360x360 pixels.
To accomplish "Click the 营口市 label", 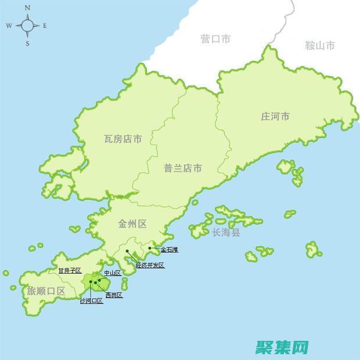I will pyautogui.click(x=216, y=39).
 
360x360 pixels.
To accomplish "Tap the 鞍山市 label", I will pyautogui.click(x=320, y=45).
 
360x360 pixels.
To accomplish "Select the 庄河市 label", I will pyautogui.click(x=275, y=117).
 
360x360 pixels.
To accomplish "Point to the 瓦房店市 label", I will pyautogui.click(x=123, y=139).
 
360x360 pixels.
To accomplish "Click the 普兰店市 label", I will pyautogui.click(x=183, y=168).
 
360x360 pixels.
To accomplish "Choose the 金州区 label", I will pyautogui.click(x=132, y=223).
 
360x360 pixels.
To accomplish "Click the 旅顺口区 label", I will pyautogui.click(x=46, y=291).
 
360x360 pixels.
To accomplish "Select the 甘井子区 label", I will pyautogui.click(x=70, y=271).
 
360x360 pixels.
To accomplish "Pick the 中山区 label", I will pyautogui.click(x=112, y=273).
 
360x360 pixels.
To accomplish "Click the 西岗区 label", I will pyautogui.click(x=114, y=295).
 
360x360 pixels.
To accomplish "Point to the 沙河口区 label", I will pyautogui.click(x=91, y=301).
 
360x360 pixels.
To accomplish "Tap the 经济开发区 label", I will pyautogui.click(x=150, y=265).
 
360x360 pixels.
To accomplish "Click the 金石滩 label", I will pyautogui.click(x=170, y=250).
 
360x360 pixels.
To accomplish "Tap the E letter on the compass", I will pyautogui.click(x=45, y=26).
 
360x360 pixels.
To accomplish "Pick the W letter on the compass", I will pyautogui.click(x=9, y=26).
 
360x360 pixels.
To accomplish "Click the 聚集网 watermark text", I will pyautogui.click(x=285, y=347).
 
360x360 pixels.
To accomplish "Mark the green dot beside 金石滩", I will pyautogui.click(x=150, y=248).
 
